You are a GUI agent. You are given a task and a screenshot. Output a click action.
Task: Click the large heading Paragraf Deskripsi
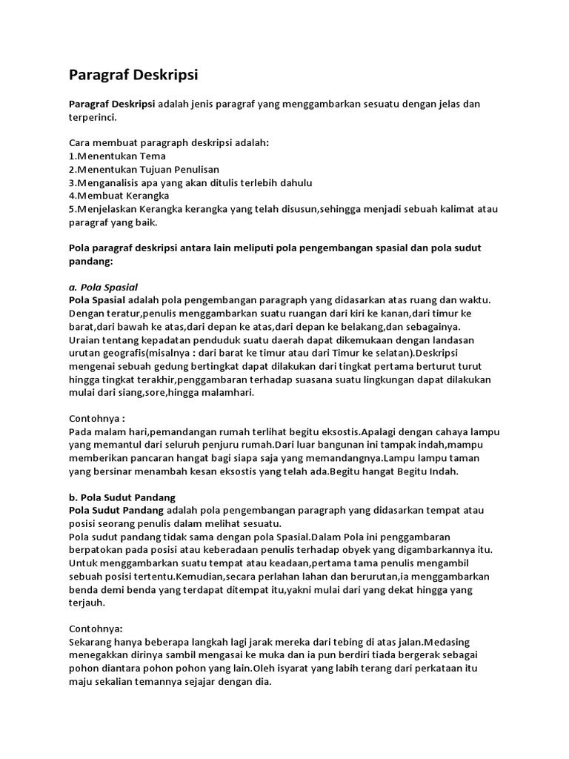coord(133,75)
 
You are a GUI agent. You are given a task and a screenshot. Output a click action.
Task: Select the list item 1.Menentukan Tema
coord(117,156)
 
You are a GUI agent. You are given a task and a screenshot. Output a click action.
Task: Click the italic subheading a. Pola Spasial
coord(103,286)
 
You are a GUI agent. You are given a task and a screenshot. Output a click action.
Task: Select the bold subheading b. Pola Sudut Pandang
coord(122,497)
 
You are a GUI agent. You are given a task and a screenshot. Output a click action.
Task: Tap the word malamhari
coord(227,393)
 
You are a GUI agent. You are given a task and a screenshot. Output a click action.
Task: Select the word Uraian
coord(85,339)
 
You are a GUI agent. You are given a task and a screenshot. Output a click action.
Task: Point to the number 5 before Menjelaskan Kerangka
coord(71,209)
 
